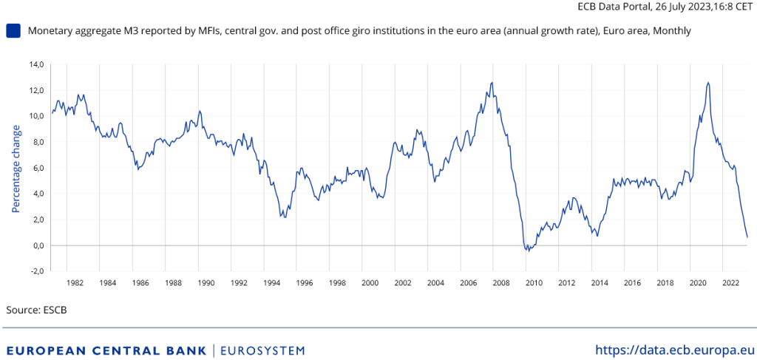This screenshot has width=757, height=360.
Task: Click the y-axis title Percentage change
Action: click(16, 169)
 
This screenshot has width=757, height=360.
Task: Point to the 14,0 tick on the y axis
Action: click(36, 64)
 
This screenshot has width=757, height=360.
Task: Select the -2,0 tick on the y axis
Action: click(36, 271)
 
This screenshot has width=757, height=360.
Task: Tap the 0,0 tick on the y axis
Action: click(38, 245)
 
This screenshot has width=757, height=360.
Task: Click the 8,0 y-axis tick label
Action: click(38, 142)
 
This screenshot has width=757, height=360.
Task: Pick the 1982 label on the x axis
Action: click(75, 283)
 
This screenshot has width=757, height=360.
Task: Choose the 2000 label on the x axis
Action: click(370, 283)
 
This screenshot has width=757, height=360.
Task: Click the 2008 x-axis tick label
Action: click(501, 283)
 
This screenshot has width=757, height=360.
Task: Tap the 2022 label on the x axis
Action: click(730, 283)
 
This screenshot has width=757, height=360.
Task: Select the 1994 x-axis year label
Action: click(271, 283)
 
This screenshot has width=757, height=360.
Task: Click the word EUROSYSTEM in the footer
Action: click(262, 350)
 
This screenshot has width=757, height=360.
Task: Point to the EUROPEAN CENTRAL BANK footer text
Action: click(106, 350)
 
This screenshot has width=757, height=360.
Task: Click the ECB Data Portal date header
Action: click(665, 6)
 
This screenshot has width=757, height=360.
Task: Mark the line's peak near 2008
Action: click(492, 82)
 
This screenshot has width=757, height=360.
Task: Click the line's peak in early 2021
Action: click(708, 82)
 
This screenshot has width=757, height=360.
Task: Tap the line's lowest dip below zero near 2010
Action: click(528, 251)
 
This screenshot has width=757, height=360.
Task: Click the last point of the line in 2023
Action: click(747, 237)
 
